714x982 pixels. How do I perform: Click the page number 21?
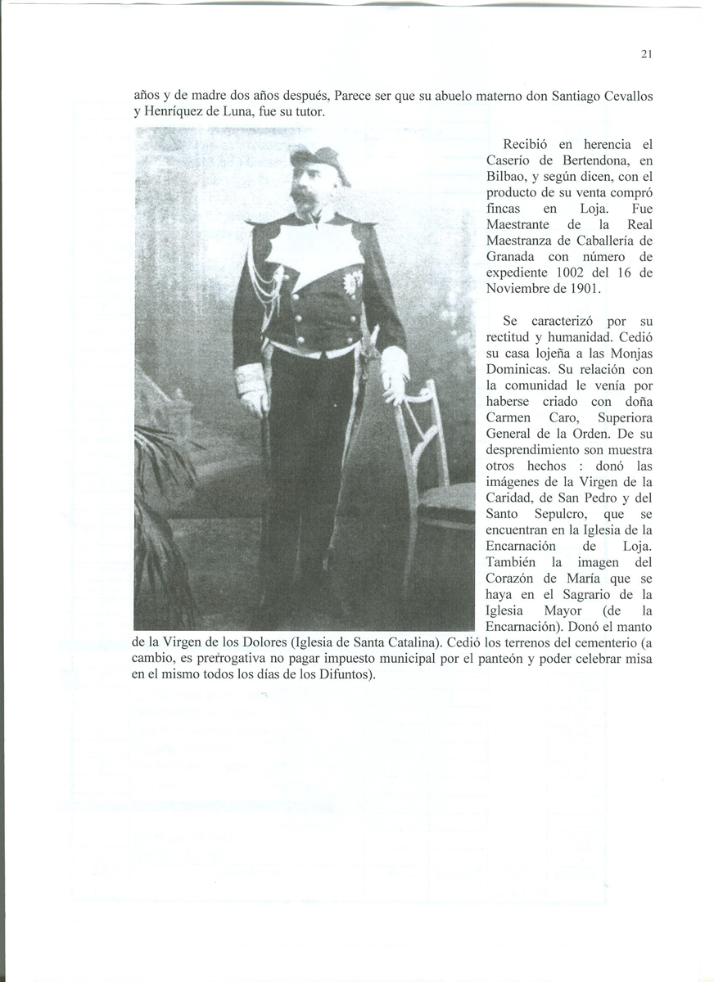click(x=646, y=54)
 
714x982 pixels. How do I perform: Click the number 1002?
click(x=578, y=273)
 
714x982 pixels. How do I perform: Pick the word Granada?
click(x=513, y=257)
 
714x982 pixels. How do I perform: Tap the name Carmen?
click(x=509, y=418)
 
